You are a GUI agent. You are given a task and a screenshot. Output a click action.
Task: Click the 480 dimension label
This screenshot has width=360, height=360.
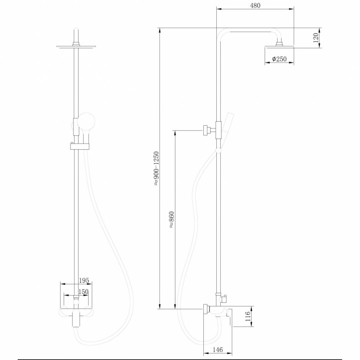click(255, 5)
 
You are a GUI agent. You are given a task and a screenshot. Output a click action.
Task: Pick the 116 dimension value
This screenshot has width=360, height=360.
click(248, 317)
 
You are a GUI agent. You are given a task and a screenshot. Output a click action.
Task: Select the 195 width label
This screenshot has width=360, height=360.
click(84, 281)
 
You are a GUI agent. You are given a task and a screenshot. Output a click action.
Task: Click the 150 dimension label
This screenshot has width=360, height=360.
click(83, 292)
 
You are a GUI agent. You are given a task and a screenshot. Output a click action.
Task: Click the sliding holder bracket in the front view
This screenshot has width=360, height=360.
click(79, 146)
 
